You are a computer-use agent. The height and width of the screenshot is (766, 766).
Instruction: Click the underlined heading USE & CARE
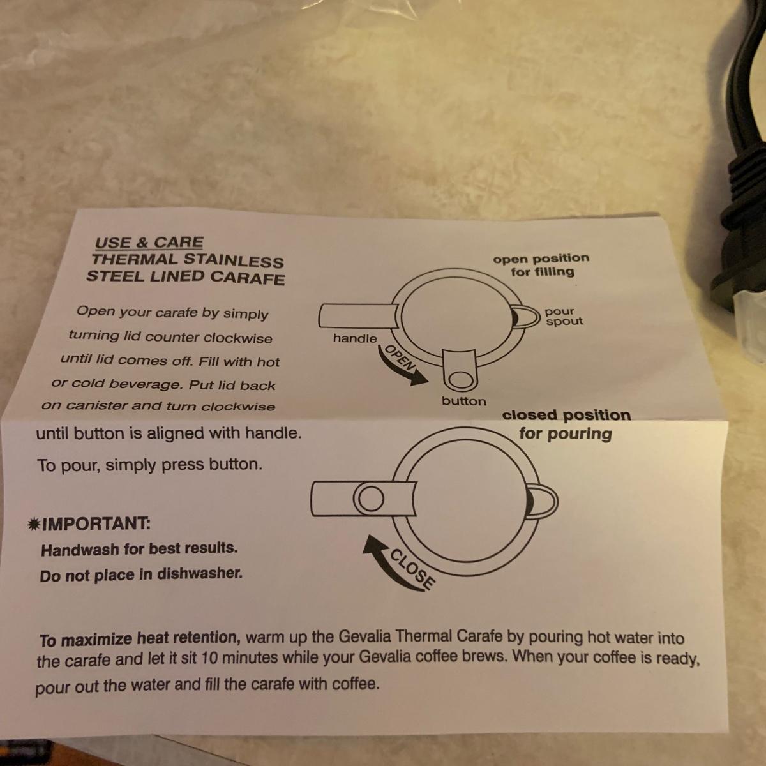pyautogui.click(x=149, y=243)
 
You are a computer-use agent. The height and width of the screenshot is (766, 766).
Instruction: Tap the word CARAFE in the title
pyautogui.click(x=247, y=278)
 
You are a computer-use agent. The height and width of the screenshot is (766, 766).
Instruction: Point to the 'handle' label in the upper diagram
pyautogui.click(x=355, y=338)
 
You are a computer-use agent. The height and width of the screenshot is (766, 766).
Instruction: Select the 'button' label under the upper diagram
pyautogui.click(x=464, y=401)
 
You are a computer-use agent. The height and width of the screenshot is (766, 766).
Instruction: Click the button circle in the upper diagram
pyautogui.click(x=460, y=379)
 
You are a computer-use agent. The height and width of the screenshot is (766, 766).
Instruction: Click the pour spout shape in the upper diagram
pyautogui.click(x=525, y=317)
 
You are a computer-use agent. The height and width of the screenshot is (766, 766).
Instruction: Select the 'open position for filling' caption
pyautogui.click(x=541, y=265)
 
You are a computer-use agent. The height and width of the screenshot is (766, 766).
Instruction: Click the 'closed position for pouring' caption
pyautogui.click(x=566, y=424)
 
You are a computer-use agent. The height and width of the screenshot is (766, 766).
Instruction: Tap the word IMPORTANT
pyautogui.click(x=96, y=524)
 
